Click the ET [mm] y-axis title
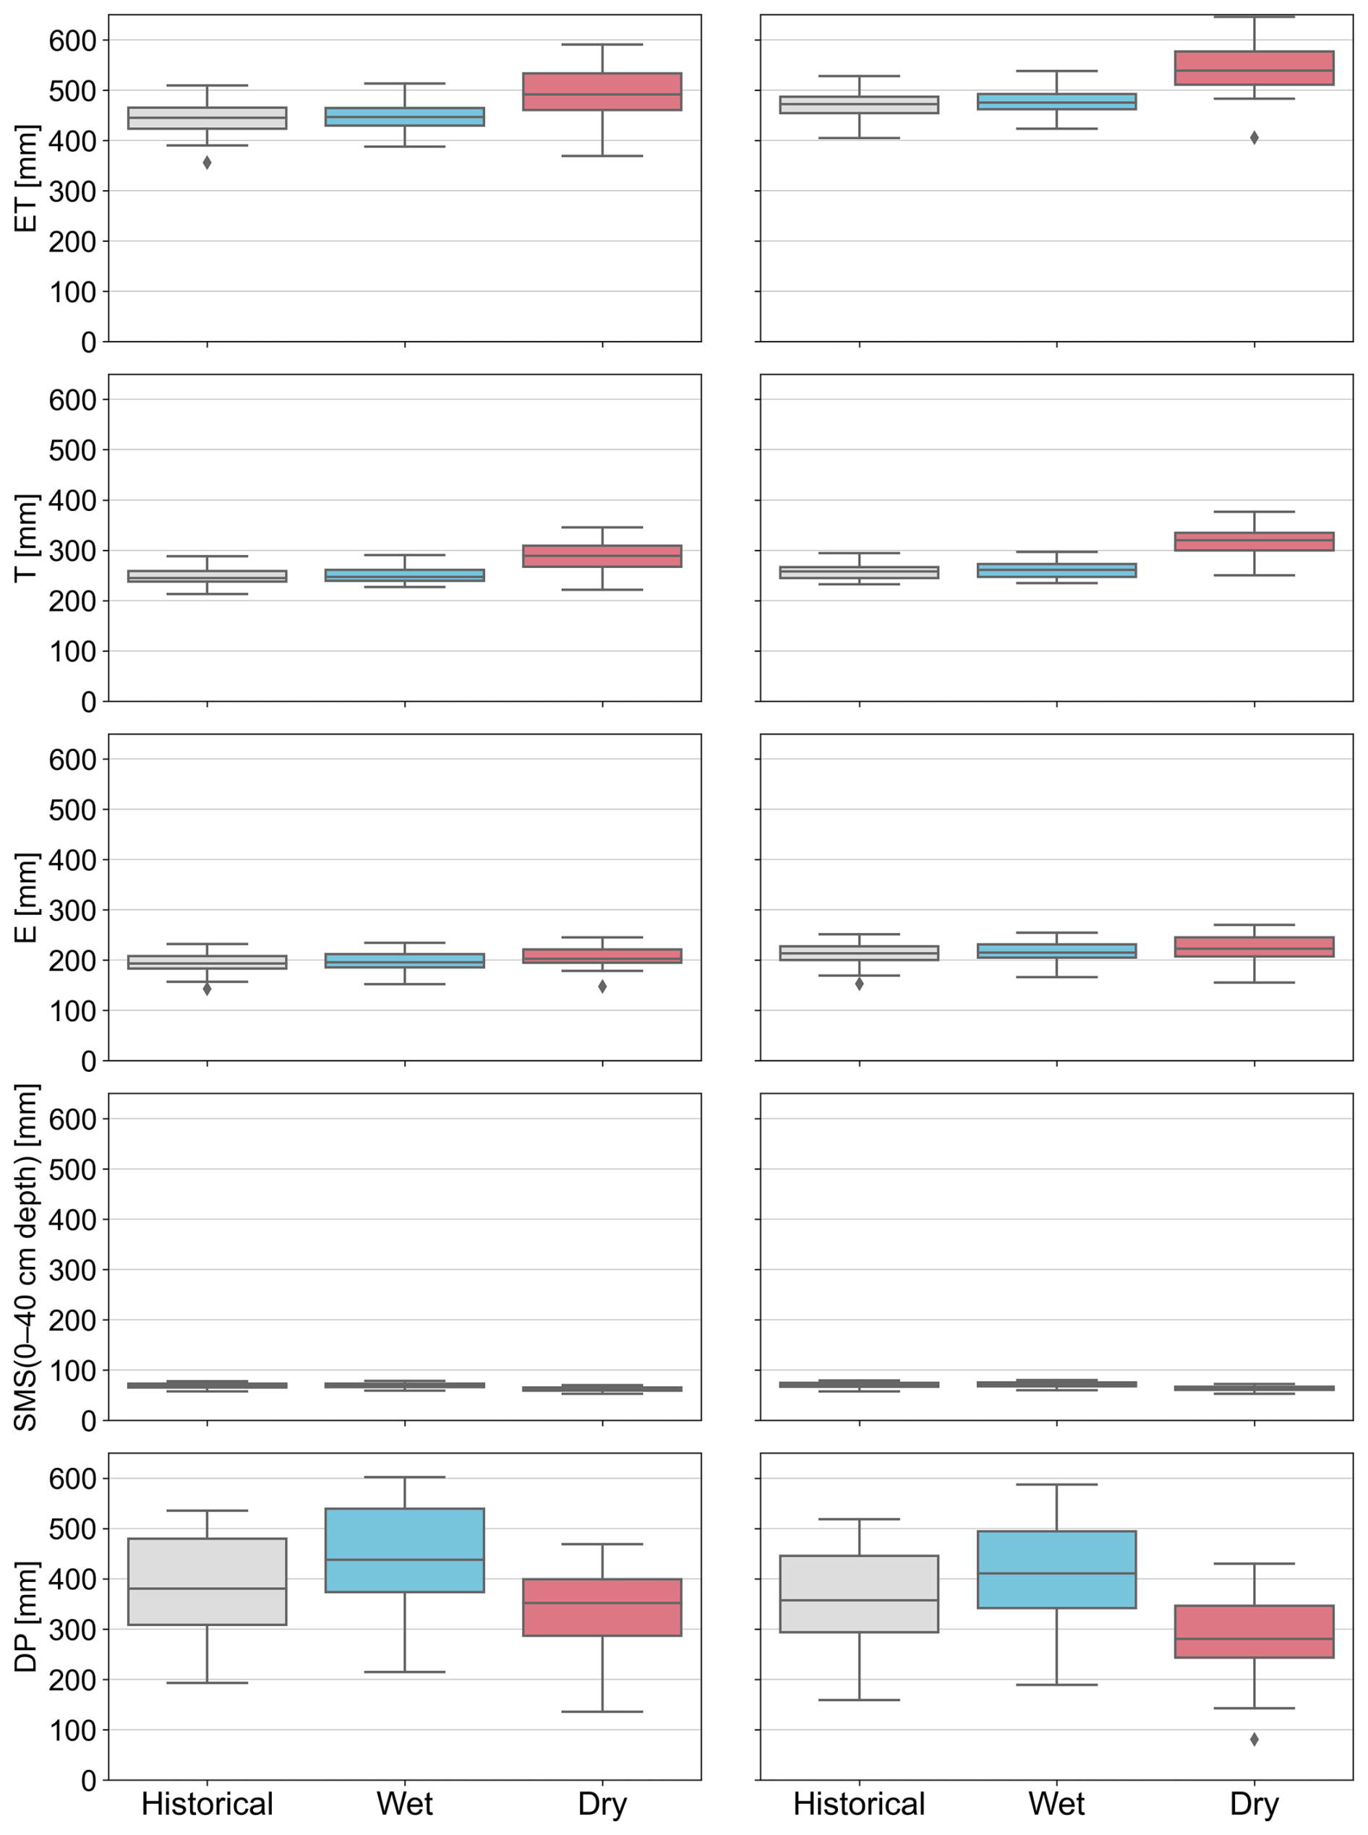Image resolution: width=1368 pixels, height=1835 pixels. pyautogui.click(x=26, y=178)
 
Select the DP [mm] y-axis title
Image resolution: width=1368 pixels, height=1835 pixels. pyautogui.click(x=26, y=1616)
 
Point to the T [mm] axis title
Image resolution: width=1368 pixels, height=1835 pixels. pyautogui.click(x=26, y=538)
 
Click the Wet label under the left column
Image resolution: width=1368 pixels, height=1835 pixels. pyautogui.click(x=404, y=1805)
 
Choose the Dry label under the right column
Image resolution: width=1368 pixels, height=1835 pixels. pyautogui.click(x=1254, y=1805)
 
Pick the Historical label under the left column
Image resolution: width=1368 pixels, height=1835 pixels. pyautogui.click(x=207, y=1805)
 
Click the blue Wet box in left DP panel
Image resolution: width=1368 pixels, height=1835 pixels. pyautogui.click(x=404, y=1550)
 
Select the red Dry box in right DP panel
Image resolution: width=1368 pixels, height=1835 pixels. pyautogui.click(x=1254, y=1630)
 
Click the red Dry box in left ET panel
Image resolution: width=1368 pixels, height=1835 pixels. pyautogui.click(x=602, y=91)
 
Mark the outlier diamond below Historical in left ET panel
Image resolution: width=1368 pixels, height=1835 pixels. pyautogui.click(x=207, y=163)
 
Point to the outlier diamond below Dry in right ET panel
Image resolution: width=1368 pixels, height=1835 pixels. pyautogui.click(x=1254, y=137)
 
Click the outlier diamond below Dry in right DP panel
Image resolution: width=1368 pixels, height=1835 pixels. pyautogui.click(x=1254, y=1739)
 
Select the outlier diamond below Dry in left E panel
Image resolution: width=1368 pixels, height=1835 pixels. pyautogui.click(x=602, y=987)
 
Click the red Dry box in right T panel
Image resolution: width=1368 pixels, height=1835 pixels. pyautogui.click(x=1254, y=541)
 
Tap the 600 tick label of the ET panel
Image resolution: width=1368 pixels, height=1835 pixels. pyautogui.click(x=72, y=40)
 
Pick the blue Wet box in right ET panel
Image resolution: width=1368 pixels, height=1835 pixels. pyautogui.click(x=1056, y=101)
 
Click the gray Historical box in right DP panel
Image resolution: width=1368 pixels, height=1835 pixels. pyautogui.click(x=859, y=1594)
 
